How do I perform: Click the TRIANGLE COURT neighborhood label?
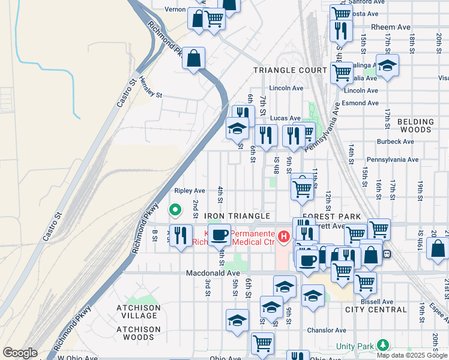tap(290, 70)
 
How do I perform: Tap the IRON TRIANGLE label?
tap(238, 216)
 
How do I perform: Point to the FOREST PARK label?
tap(332, 217)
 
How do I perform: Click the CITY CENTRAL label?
tap(376, 310)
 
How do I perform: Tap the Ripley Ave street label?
tap(190, 191)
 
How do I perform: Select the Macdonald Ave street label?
tap(208, 272)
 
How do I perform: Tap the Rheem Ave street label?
tap(391, 26)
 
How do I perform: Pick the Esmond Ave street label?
tap(361, 103)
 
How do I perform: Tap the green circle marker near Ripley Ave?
tap(175, 210)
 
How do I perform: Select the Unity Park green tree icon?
tap(381, 346)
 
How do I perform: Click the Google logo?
tap(20, 353)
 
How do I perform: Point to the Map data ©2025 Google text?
tap(412, 355)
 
